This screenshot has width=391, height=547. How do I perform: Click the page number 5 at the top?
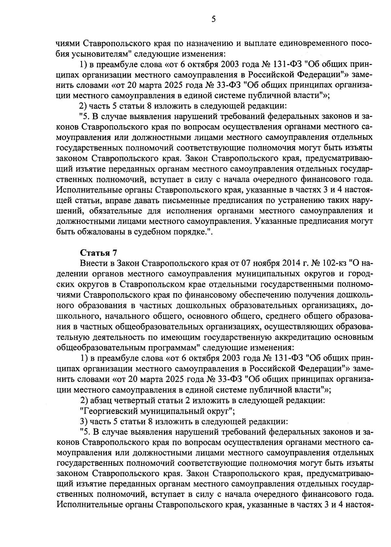pyautogui.click(x=213, y=19)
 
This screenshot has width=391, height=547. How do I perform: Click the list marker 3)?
pyautogui.click(x=84, y=422)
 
